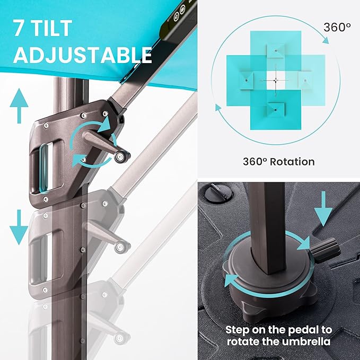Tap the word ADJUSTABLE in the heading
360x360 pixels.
click(x=83, y=55)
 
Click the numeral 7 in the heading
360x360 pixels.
click(x=19, y=28)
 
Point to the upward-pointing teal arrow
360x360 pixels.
click(x=19, y=106)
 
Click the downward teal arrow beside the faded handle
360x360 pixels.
click(x=19, y=227)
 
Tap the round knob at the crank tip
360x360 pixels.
click(x=120, y=157)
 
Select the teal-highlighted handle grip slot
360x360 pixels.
click(x=44, y=168)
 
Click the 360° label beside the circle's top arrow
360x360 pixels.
click(x=337, y=28)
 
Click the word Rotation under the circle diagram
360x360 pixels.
click(x=292, y=162)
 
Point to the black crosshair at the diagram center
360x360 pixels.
click(x=276, y=80)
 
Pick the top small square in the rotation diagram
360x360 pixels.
click(x=276, y=51)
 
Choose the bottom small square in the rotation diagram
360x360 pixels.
click(x=276, y=110)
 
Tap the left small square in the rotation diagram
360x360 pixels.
click(x=247, y=81)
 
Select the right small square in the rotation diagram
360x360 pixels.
click(x=305, y=81)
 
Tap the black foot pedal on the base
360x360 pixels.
click(x=324, y=250)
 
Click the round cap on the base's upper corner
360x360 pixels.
click(x=218, y=194)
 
